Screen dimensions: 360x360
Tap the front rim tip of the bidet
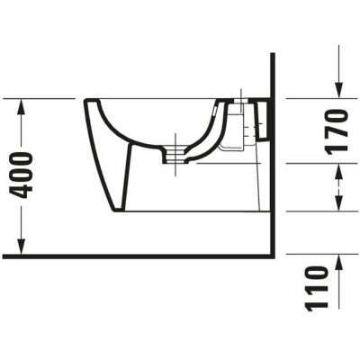(x=85, y=101)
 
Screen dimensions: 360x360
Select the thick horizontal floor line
(x=135, y=256)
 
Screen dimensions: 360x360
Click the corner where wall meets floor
(x=271, y=256)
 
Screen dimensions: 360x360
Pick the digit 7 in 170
(x=337, y=131)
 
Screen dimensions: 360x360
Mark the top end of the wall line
(x=271, y=55)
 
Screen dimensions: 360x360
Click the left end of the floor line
(x=4, y=256)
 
